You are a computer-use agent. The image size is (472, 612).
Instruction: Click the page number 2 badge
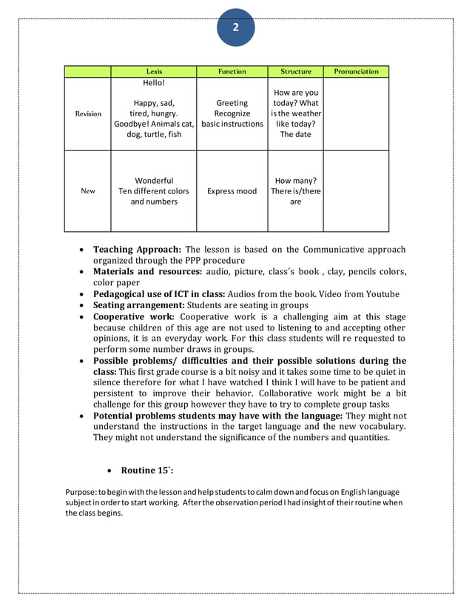pos(235,28)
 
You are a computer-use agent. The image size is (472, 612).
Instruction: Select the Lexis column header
pos(154,72)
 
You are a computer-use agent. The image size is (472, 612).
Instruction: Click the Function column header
pos(232,72)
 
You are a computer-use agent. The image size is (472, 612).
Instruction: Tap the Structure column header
pos(295,72)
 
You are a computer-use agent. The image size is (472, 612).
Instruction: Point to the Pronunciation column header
pos(356,72)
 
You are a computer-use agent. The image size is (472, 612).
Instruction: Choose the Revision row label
pos(88,114)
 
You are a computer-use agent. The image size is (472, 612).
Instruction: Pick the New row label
pos(88,191)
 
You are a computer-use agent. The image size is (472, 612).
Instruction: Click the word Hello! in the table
pos(154,83)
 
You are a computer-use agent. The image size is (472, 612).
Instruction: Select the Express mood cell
pos(232,191)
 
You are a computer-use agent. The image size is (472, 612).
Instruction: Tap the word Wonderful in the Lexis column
pos(154,181)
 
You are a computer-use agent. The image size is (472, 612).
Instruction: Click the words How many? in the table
pos(295,181)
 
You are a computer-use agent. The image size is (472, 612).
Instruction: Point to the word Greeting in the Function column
pos(232,104)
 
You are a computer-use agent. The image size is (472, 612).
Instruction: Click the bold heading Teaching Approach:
pos(137,250)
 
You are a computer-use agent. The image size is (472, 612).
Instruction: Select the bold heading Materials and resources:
pos(147,272)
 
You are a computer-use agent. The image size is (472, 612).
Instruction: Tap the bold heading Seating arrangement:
pos(138,305)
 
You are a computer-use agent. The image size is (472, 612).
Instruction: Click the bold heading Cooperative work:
pos(133,316)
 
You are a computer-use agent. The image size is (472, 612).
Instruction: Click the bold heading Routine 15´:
pos(147,470)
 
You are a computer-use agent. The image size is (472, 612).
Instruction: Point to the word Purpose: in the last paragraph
pos(80,491)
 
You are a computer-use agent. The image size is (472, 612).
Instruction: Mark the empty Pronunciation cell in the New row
pos(356,191)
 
